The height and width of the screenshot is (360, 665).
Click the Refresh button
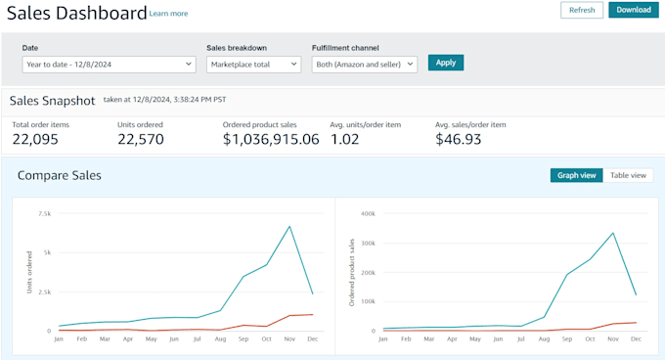point(581,10)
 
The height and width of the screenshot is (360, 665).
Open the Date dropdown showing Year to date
point(109,64)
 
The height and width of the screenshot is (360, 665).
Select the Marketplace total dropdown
point(253,64)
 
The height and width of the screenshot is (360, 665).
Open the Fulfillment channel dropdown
point(364,64)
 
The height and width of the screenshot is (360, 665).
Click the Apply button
point(446,63)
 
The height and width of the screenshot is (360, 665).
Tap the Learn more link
point(168,14)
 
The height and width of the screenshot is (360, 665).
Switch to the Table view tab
point(628,175)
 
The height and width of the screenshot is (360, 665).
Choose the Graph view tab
point(577,175)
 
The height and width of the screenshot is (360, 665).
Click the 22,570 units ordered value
point(140,139)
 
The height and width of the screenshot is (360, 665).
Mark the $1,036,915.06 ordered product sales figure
point(271,139)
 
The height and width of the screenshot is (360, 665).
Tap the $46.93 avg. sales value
point(458,139)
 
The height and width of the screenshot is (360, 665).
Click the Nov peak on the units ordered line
point(289,226)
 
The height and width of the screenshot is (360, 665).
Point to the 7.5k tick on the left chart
point(44,213)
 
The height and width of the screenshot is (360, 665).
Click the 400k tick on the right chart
point(368,213)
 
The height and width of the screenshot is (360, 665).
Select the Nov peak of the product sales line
point(613,233)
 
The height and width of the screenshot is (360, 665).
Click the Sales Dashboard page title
point(76,13)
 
